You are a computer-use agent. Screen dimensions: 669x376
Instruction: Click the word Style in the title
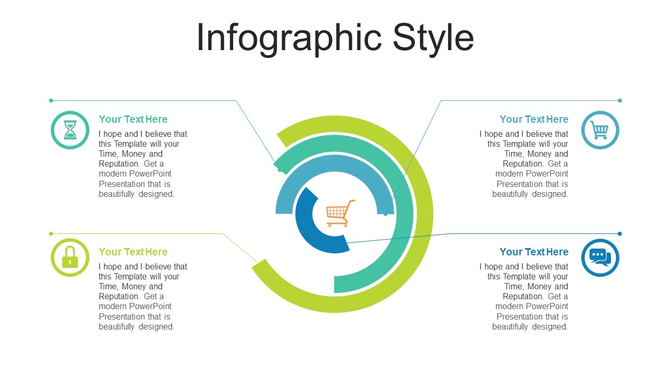pos(433,39)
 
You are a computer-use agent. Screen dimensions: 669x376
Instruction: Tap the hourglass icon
pos(70,130)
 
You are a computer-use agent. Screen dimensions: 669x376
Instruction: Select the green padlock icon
pos(70,257)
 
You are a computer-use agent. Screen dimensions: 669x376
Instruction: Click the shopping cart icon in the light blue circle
pos(599,131)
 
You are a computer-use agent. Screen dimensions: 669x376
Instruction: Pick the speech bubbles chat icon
pos(600,257)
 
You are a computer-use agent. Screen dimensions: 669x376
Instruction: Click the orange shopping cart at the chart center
pos(340,214)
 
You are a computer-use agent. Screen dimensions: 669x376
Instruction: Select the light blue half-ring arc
pos(334,163)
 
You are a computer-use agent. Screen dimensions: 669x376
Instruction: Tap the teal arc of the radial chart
pos(404,214)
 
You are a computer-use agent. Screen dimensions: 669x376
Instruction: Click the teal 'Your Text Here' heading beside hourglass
pos(133,119)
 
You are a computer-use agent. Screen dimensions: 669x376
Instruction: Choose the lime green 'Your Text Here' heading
pos(133,252)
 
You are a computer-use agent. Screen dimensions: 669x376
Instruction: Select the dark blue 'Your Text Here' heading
pos(534,252)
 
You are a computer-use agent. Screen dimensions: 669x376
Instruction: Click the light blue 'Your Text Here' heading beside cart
pos(534,119)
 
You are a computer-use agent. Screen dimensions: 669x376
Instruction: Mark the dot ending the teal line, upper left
pos(51,101)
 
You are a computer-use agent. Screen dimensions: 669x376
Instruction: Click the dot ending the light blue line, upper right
pos(620,101)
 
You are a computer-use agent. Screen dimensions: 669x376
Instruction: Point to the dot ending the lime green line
pos(51,233)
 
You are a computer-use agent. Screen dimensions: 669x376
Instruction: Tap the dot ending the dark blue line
pos(620,233)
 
